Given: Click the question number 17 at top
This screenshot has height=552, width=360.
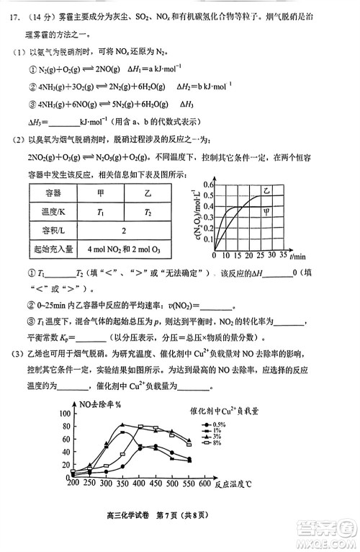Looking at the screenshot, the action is [x=14, y=12].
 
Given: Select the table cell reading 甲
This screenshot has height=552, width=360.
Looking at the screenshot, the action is [x=101, y=193].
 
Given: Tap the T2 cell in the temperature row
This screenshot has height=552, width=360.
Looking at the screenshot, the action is [x=148, y=212].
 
